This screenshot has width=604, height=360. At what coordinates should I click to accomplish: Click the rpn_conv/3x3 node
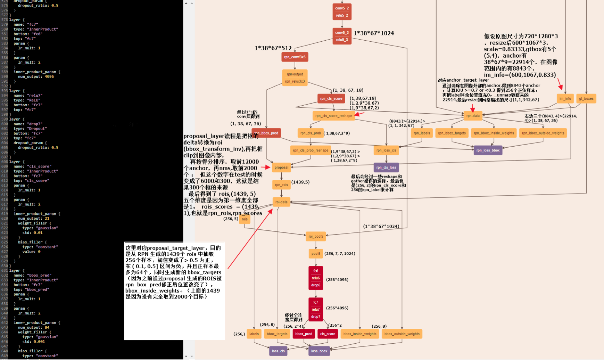tap(295, 57)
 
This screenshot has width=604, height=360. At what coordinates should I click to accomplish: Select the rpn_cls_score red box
tap(331, 99)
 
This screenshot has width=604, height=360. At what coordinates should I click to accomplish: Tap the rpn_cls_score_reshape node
tap(333, 116)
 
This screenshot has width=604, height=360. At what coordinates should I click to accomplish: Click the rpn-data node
tap(473, 116)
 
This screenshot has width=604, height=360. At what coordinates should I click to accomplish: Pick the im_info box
tap(565, 99)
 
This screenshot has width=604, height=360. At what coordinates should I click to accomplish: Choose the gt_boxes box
tap(586, 99)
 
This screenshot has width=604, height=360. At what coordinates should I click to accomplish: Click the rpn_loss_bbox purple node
tap(488, 150)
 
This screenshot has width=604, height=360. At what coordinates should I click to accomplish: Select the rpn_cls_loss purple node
tap(386, 167)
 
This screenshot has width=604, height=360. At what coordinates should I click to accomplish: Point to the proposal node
tap(281, 167)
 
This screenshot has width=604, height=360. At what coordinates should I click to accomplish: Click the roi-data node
tap(281, 202)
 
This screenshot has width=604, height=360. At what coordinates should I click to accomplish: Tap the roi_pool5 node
tap(315, 237)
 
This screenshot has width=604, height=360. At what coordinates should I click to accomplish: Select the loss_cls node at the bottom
tap(278, 351)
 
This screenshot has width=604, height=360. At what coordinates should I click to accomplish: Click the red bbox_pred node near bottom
tap(304, 334)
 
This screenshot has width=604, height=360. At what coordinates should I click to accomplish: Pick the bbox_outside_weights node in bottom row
tap(402, 334)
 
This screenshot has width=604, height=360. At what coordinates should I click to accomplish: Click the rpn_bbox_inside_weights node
tap(494, 133)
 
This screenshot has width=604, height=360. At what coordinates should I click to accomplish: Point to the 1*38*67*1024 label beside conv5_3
tap(373, 33)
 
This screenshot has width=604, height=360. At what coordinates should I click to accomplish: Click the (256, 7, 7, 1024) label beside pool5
tap(339, 254)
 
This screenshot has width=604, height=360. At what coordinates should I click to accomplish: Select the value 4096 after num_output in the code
tap(49, 76)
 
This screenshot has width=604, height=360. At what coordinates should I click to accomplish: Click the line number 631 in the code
tap(4, 270)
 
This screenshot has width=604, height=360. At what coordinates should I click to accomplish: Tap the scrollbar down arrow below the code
tap(186, 356)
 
